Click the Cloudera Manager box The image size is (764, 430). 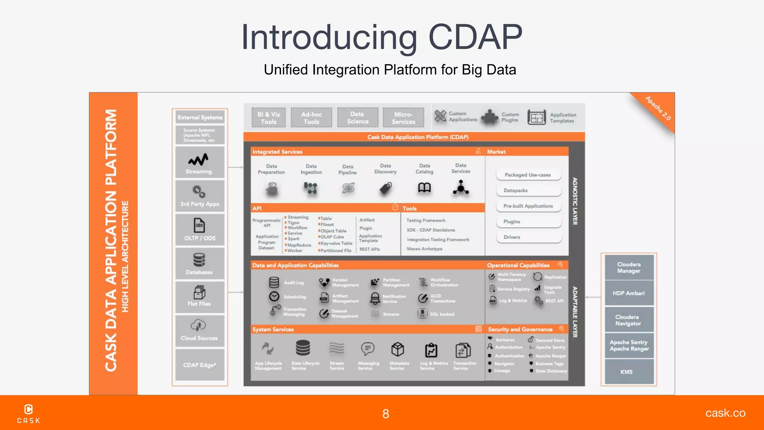click(x=629, y=267)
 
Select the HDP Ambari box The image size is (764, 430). click(x=629, y=293)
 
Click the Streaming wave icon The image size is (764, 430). click(x=198, y=160)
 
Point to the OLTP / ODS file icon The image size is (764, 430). click(x=200, y=226)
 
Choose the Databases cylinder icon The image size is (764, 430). click(x=199, y=260)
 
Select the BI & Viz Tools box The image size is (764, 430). click(x=269, y=118)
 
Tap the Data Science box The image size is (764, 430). click(x=357, y=118)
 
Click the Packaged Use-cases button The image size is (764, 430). click(x=528, y=175)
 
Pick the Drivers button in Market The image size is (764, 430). click(x=528, y=237)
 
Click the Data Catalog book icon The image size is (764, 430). click(x=424, y=187)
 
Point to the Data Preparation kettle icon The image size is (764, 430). click(x=272, y=189)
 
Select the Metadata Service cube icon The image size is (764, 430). click(x=398, y=349)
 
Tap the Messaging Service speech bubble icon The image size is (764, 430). click(x=368, y=349)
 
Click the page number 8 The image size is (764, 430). click(x=386, y=414)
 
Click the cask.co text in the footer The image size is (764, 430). click(x=725, y=413)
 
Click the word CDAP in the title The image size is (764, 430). click(x=475, y=37)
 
